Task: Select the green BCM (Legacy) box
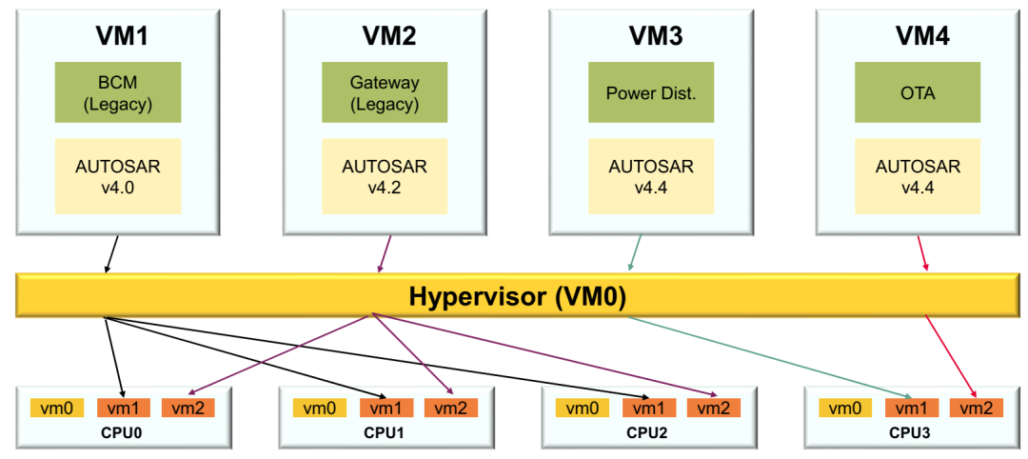117,92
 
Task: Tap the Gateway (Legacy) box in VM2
384,92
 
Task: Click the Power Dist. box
651,92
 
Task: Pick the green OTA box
917,92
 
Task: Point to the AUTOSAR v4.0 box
117,176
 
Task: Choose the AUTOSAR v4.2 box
384,176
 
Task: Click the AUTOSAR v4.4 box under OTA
917,176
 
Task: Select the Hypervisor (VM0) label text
517,296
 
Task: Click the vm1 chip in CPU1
385,408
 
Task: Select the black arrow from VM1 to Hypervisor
112,255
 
